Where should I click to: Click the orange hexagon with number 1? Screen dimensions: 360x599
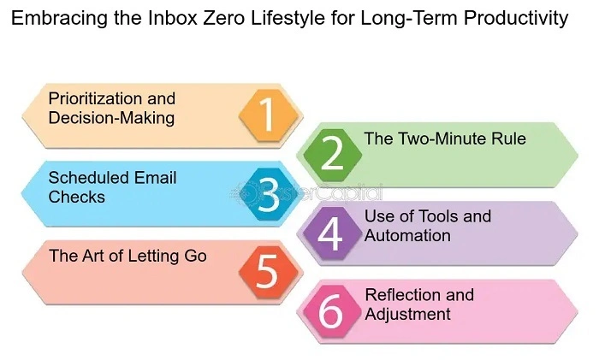pyautogui.click(x=267, y=115)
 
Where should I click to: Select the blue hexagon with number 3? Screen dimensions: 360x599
pyautogui.click(x=267, y=194)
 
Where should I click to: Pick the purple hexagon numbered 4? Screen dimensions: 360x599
pyautogui.click(x=330, y=233)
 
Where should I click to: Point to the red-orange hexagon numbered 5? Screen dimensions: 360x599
pyautogui.click(x=267, y=272)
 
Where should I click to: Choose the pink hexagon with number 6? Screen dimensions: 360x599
pyautogui.click(x=330, y=311)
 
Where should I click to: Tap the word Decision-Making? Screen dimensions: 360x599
pyautogui.click(x=111, y=117)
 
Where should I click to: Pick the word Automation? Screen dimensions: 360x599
pyautogui.click(x=407, y=234)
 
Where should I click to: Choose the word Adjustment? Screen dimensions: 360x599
pyautogui.click(x=407, y=314)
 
